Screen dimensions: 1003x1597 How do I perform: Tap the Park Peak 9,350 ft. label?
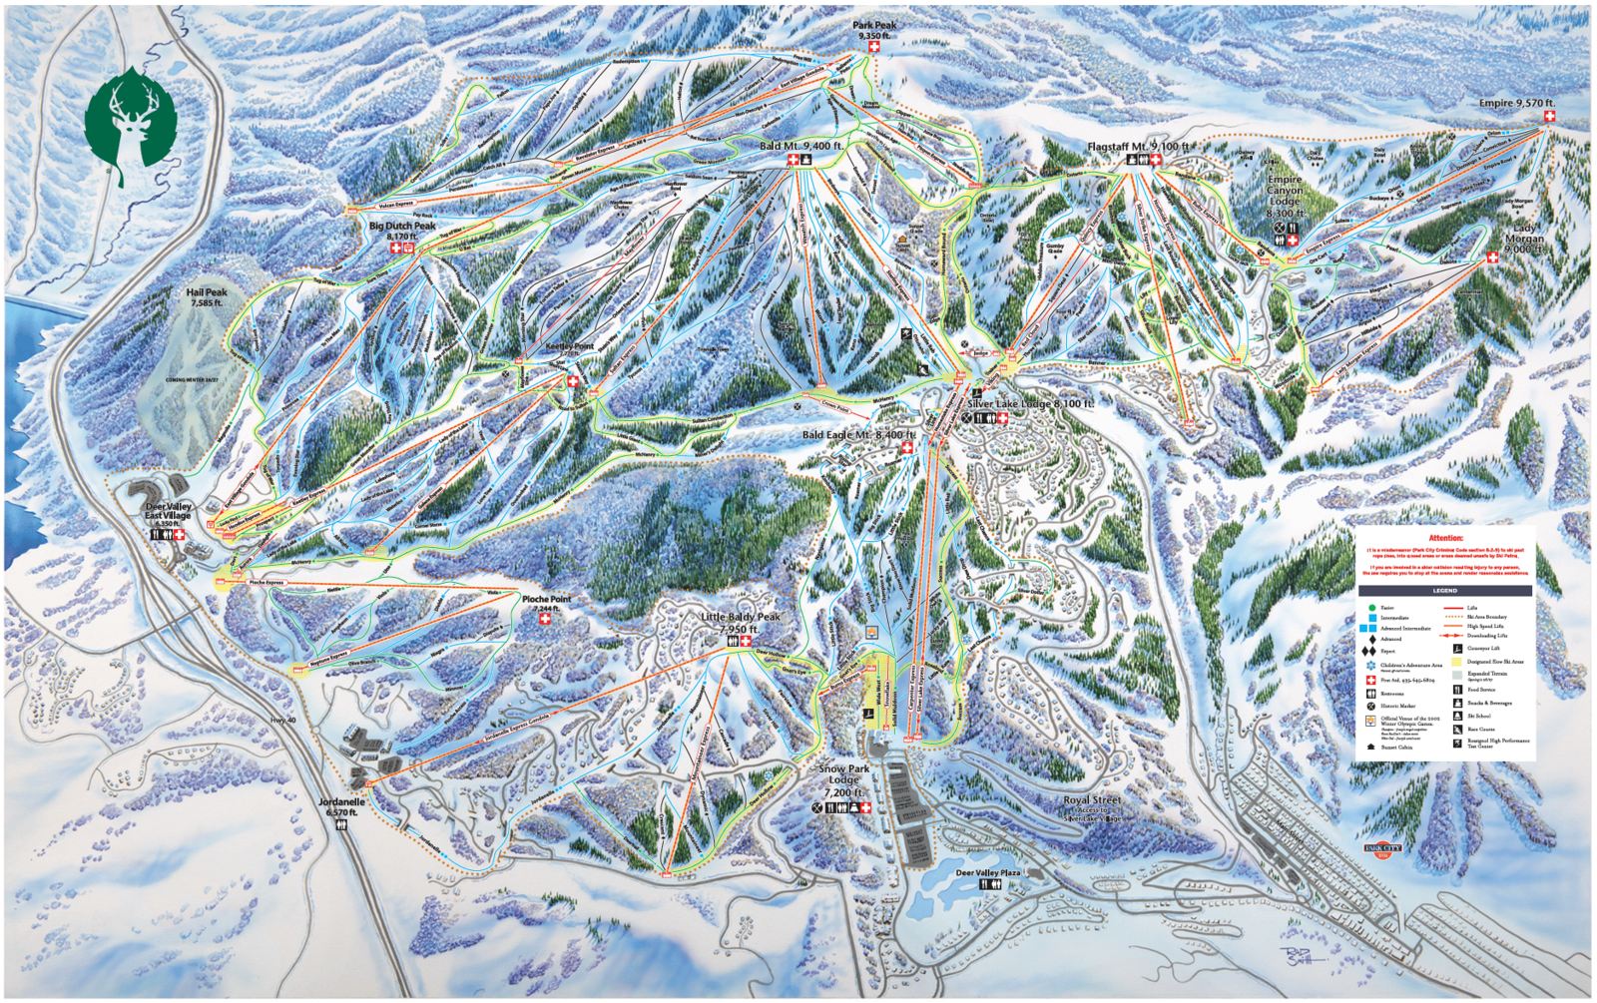(873, 30)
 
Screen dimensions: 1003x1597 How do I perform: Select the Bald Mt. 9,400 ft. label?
(800, 146)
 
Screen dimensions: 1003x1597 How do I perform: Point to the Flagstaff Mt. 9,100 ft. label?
(1138, 147)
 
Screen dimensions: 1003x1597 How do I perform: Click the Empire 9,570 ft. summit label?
(1516, 103)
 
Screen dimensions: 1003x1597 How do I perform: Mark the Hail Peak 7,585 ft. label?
(207, 297)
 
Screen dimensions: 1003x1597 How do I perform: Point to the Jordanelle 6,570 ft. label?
(341, 806)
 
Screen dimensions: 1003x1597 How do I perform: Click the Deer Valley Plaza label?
(988, 873)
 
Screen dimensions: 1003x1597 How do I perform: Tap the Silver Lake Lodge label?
(1029, 404)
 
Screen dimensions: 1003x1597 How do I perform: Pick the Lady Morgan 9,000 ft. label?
(1524, 239)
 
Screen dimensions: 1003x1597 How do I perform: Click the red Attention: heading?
(1445, 538)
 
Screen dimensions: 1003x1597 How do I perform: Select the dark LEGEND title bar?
(1444, 591)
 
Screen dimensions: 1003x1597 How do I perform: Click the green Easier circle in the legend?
(1371, 607)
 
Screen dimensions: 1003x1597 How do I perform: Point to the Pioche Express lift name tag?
(266, 582)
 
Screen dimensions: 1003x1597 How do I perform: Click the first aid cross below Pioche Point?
(545, 619)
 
